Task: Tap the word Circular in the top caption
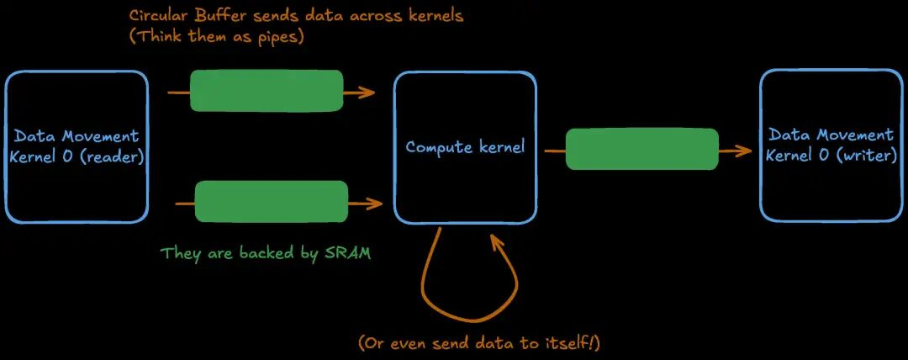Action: (157, 16)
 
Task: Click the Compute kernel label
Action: (465, 147)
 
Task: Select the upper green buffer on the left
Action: (267, 91)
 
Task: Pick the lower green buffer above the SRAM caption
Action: (271, 202)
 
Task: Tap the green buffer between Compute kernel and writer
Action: (641, 150)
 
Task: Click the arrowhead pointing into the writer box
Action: (745, 151)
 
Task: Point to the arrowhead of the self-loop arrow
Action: (495, 241)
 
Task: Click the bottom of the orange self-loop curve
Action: (460, 320)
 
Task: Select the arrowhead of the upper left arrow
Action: (370, 92)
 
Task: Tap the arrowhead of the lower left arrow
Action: (377, 203)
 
